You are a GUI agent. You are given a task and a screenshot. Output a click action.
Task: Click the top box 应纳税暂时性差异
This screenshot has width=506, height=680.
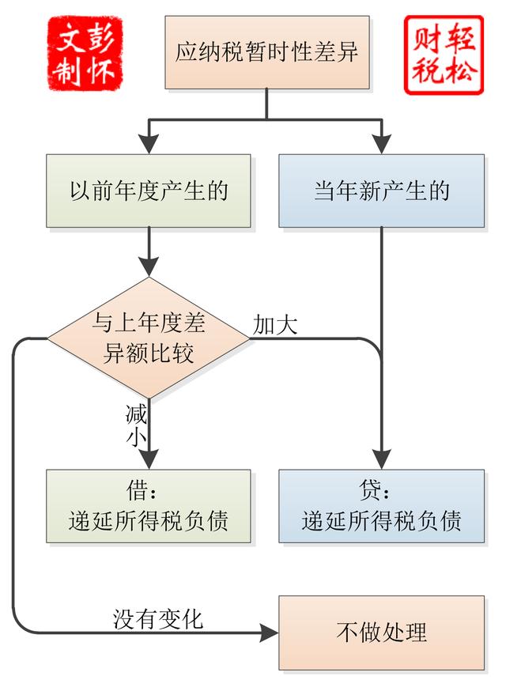tap(266, 53)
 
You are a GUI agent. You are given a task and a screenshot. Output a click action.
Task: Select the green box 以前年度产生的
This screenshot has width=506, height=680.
tap(149, 191)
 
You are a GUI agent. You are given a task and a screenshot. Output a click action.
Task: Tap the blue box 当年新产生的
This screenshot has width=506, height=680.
tap(382, 191)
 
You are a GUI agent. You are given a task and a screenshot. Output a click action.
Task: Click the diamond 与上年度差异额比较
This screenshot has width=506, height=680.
tap(149, 338)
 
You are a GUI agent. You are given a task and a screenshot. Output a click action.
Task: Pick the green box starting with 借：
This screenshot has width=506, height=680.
tap(149, 506)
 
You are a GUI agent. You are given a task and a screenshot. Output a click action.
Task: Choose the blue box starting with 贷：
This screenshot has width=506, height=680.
tap(382, 506)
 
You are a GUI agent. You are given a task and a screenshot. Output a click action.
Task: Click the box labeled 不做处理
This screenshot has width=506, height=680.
tap(382, 633)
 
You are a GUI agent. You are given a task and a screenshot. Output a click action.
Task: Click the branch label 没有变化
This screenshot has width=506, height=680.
tap(158, 618)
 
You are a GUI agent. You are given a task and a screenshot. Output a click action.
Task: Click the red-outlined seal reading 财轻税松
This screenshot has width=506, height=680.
tap(443, 55)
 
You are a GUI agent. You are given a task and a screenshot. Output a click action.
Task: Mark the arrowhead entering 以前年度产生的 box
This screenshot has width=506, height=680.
tap(149, 145)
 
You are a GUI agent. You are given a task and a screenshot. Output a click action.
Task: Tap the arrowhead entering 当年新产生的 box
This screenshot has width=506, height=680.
tap(382, 145)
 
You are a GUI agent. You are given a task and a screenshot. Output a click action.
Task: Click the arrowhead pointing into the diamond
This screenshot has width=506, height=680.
tap(149, 268)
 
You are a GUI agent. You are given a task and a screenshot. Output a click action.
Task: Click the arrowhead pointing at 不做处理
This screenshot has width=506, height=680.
tap(270, 633)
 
